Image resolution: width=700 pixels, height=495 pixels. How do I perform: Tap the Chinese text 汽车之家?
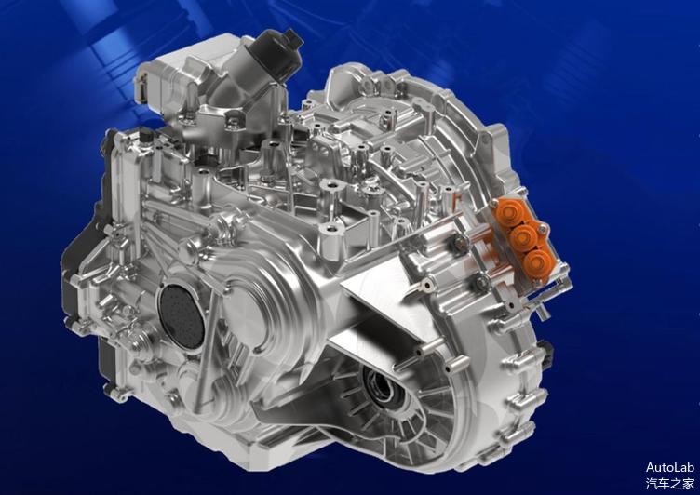[670, 484]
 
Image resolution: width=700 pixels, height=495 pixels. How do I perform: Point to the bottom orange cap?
[537, 263]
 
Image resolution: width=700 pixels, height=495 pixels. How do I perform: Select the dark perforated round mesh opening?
[182, 315]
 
